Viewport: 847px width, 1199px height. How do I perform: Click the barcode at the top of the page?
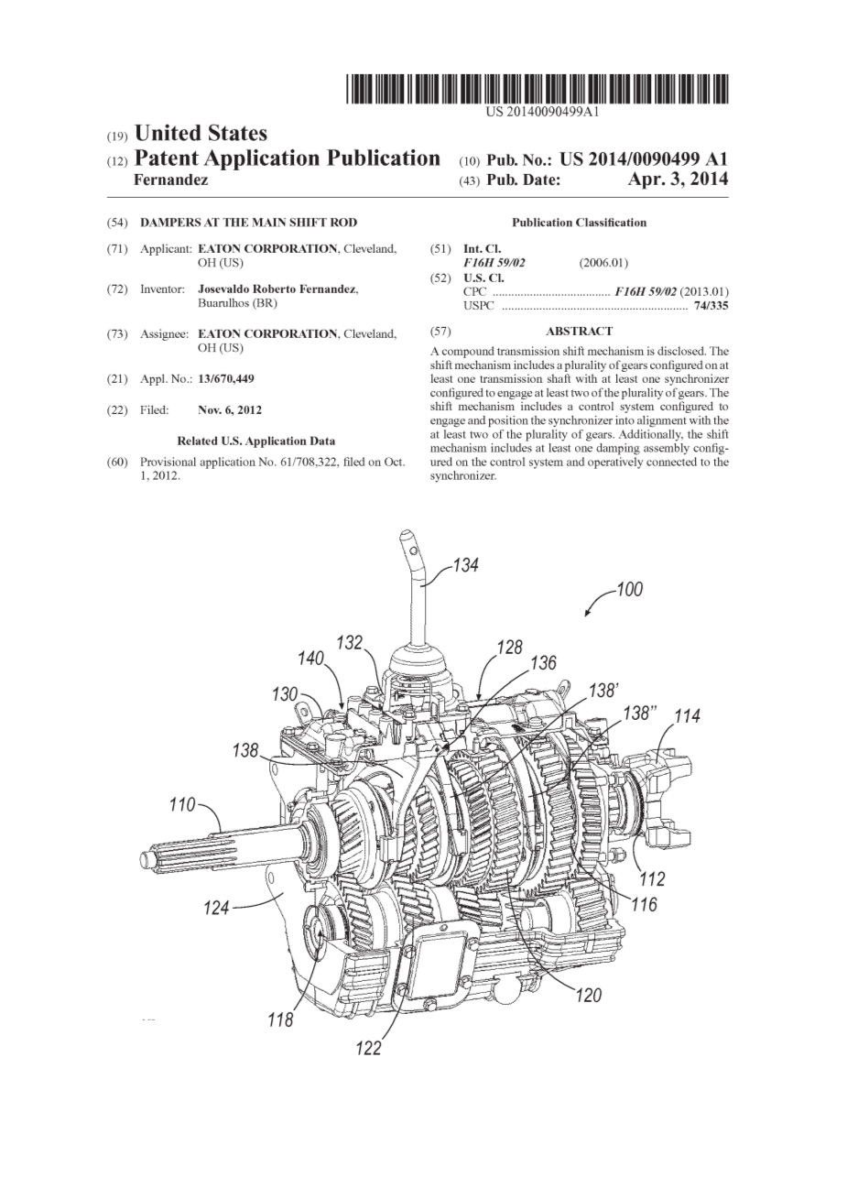click(537, 88)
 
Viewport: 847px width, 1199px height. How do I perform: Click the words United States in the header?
click(201, 134)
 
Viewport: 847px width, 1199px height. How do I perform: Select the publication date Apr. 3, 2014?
click(678, 180)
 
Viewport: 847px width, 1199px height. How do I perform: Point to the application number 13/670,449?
click(226, 379)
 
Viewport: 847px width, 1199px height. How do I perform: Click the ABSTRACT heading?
click(579, 332)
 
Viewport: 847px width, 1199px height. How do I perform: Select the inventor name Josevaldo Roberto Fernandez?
click(278, 289)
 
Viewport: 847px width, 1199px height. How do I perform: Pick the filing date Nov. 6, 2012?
click(230, 410)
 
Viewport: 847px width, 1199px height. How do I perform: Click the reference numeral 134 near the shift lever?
click(465, 565)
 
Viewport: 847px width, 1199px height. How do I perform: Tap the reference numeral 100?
click(629, 590)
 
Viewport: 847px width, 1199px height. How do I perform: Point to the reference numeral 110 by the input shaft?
click(183, 804)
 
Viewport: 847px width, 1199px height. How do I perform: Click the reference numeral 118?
click(281, 1019)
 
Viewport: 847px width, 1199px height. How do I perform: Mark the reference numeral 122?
click(369, 1063)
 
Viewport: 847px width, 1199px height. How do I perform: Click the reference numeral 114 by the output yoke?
click(687, 716)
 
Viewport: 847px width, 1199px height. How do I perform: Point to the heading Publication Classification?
click(579, 223)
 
